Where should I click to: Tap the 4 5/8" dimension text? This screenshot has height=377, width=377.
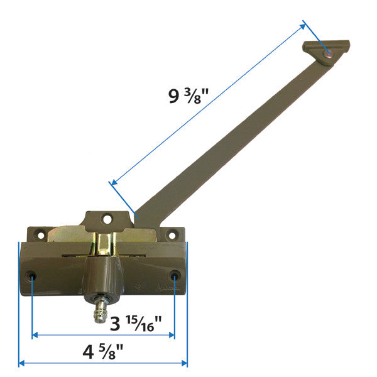(102, 351)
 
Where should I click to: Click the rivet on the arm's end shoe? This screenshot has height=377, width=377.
(328, 56)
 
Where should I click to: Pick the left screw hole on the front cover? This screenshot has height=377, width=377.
(32, 276)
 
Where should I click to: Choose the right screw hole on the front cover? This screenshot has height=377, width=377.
(174, 275)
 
